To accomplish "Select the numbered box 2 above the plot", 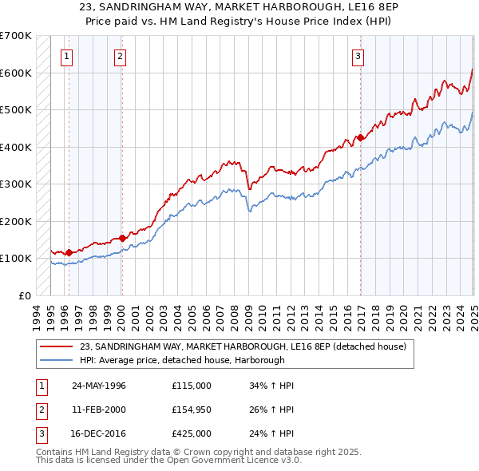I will coord(119,56).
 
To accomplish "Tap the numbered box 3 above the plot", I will coord(358,56).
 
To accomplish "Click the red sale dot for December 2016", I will coord(360,137).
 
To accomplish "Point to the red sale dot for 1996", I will coord(69,252).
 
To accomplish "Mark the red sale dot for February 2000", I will coord(122,237).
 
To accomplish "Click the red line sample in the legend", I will coord(57,346).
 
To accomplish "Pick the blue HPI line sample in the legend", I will coord(57,360).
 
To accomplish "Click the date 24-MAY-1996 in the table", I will coord(99,386).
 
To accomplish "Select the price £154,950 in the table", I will coord(192,410).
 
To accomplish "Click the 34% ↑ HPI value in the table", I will coord(272,386).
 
